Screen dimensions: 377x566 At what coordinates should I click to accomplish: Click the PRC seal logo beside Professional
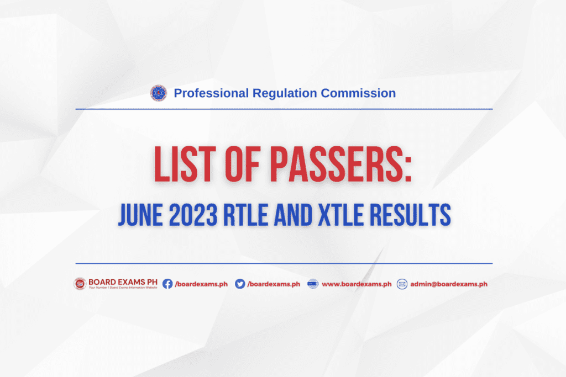point(159,93)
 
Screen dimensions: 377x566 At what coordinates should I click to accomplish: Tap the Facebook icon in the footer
point(167,284)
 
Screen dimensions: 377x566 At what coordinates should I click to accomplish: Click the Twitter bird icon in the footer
point(240,284)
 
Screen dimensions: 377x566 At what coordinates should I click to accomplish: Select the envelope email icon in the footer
point(402,284)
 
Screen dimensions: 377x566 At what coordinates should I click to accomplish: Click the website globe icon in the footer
point(313,284)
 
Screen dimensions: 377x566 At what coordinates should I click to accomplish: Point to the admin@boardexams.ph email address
point(449,284)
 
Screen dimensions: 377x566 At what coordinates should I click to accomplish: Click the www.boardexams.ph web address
point(357,284)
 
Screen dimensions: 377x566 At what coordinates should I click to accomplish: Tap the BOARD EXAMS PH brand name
point(123,282)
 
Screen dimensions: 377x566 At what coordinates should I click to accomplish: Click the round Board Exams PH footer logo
point(80,284)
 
